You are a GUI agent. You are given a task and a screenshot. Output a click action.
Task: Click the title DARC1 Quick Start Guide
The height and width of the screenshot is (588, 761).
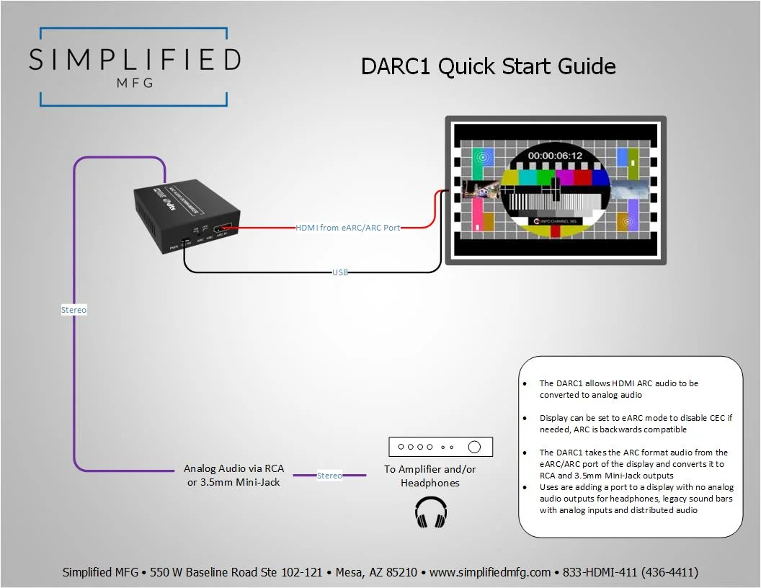[488, 66]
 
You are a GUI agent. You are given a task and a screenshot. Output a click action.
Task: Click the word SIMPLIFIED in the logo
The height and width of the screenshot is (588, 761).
[134, 59]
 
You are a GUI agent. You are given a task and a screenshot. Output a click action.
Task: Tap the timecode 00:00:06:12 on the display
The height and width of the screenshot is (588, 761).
[554, 155]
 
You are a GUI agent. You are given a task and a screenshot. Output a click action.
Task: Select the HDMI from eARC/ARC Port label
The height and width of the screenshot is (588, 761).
[348, 228]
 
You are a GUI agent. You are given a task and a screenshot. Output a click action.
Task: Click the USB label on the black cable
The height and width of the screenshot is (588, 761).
[340, 272]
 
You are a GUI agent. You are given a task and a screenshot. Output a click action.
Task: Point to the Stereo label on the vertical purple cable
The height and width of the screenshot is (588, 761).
[74, 310]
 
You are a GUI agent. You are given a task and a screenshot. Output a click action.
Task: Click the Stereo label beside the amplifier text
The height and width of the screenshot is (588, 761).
[329, 476]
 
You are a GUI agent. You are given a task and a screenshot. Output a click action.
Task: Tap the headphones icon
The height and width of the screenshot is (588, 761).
[431, 512]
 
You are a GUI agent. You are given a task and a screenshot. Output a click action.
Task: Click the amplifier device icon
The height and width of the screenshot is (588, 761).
[440, 447]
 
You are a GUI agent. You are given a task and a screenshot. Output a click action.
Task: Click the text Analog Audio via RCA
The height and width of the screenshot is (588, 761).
[233, 468]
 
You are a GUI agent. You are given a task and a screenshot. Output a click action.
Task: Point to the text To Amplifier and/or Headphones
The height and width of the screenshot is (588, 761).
[430, 476]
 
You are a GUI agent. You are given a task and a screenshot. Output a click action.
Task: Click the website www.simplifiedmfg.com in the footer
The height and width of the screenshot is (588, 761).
[490, 572]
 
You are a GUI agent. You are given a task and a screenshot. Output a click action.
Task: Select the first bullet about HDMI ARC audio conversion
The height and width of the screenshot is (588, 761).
[618, 389]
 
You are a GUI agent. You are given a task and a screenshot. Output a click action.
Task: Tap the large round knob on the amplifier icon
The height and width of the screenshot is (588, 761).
[474, 447]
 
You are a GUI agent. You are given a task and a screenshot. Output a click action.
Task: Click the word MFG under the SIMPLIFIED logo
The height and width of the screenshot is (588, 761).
[134, 82]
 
